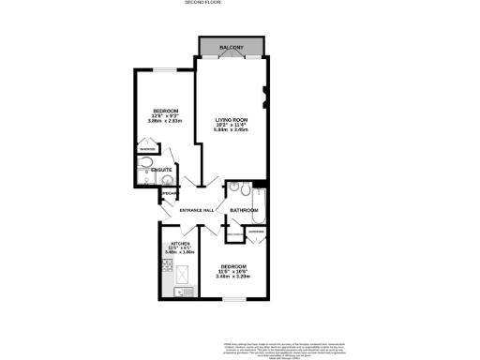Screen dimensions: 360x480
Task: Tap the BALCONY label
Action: pyautogui.click(x=232, y=48)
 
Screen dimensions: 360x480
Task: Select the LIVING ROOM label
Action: pyautogui.click(x=232, y=120)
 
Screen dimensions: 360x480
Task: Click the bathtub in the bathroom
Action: pyautogui.click(x=260, y=204)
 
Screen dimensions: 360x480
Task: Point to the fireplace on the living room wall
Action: pyautogui.click(x=266, y=94)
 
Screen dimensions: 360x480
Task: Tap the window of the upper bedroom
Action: pyautogui.click(x=164, y=69)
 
